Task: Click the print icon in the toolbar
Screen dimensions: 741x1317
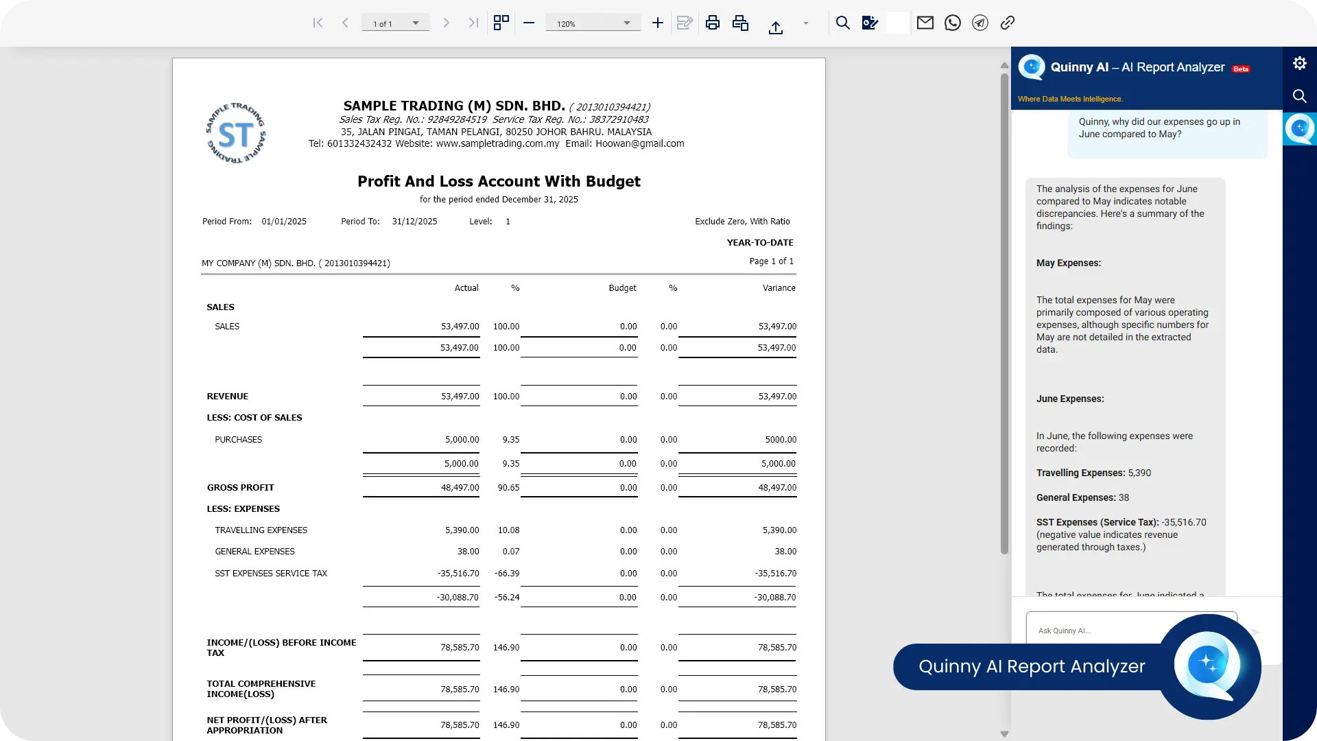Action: coord(713,23)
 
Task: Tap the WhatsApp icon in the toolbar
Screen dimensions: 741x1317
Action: coord(953,23)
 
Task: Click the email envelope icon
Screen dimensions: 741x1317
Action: coord(925,23)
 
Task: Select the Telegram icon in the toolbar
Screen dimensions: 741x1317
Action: coord(980,23)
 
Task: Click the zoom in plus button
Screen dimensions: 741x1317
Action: coord(657,23)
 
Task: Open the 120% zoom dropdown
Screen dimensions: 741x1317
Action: coord(593,23)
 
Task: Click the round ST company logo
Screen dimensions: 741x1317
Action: coord(235,133)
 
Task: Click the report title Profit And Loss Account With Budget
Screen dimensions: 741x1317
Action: coord(499,181)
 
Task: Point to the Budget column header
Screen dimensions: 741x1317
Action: coord(622,288)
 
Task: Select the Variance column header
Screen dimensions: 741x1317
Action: coord(779,288)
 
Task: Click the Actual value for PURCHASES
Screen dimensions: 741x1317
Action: coord(462,440)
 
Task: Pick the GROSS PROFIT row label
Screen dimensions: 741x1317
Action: coord(240,488)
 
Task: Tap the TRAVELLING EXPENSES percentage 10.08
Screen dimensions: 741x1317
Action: coord(508,530)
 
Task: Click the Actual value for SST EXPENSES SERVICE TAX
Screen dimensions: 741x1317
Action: coord(458,574)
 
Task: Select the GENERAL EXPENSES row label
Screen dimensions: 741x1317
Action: coord(254,552)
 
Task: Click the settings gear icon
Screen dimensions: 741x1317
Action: coord(1300,63)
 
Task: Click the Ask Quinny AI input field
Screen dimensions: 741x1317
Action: coord(1097,631)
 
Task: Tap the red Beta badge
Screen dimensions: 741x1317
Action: coord(1241,69)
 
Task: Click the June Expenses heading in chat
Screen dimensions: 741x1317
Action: coord(1070,399)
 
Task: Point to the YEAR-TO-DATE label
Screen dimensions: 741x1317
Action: coord(760,243)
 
